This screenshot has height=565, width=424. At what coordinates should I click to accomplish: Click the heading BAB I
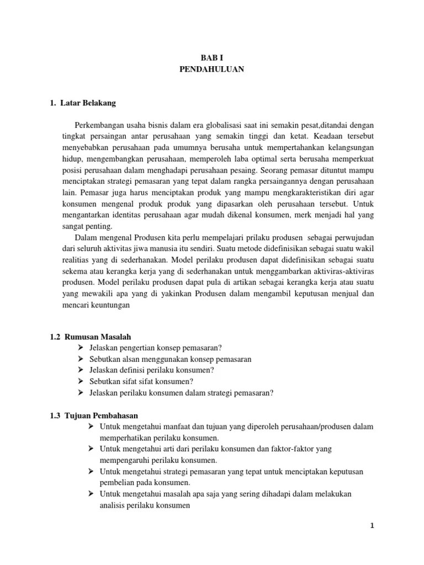coord(211,57)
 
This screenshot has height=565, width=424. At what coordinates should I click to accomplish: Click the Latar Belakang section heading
coord(88,103)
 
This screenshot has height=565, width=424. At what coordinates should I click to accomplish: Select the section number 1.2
coord(55,337)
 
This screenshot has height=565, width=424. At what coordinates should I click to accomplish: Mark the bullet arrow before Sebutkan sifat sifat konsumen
coord(81,381)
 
